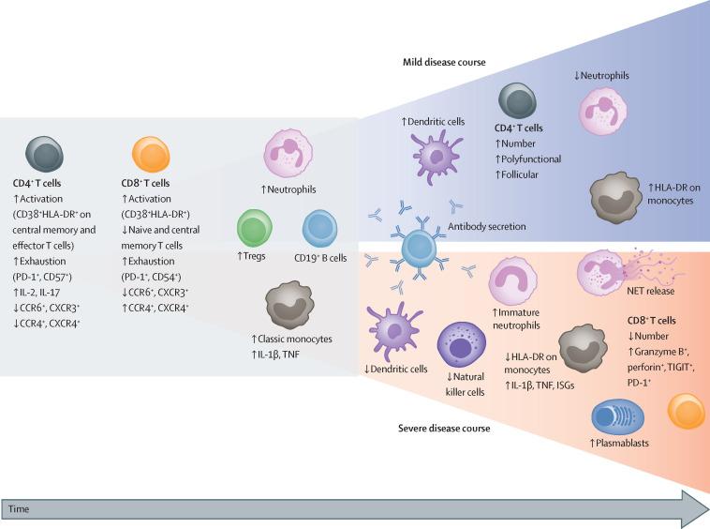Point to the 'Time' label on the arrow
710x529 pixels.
(18, 507)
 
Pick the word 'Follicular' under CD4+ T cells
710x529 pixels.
(523, 174)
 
